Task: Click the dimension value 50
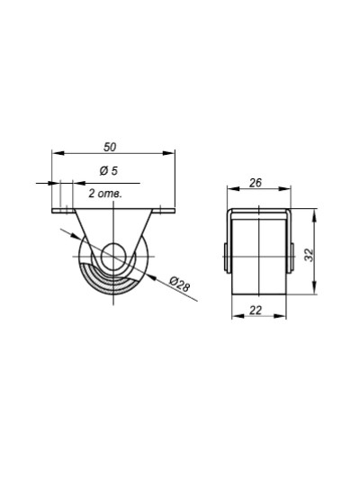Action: point(110,147)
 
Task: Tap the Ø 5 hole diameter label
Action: point(109,171)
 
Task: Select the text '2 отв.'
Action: point(105,194)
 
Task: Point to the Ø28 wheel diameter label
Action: point(180,285)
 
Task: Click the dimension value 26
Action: point(256,183)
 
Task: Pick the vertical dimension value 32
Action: point(310,255)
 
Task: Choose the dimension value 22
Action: point(256,311)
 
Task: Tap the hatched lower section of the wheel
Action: point(113,281)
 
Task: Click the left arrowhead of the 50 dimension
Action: point(58,153)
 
